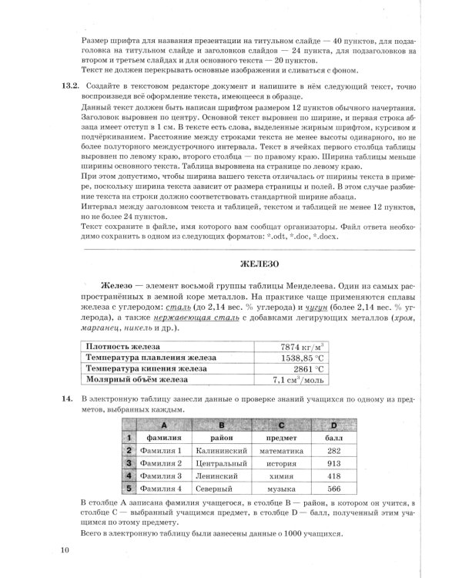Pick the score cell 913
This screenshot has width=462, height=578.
pyautogui.click(x=333, y=463)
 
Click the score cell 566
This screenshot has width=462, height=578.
pyautogui.click(x=333, y=489)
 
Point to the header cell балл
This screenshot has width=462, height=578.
pyautogui.click(x=333, y=437)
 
